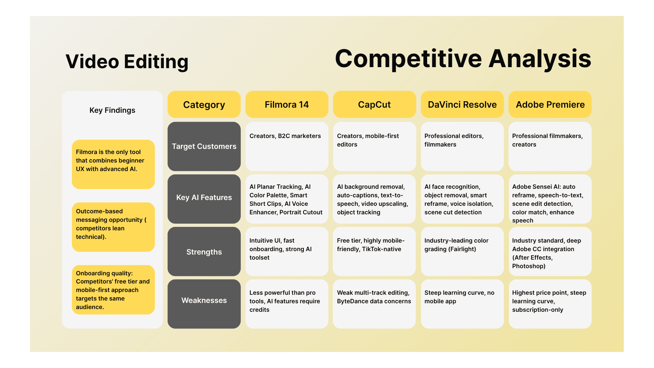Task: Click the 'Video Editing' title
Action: [x=127, y=62]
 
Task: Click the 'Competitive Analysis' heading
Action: [x=463, y=59]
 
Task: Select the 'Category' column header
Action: [x=204, y=105]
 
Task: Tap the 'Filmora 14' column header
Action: [x=286, y=105]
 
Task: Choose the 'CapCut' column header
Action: [x=374, y=105]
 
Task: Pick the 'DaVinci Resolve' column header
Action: [x=462, y=105]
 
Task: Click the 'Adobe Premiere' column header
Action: [x=550, y=105]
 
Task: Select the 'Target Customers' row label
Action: [x=204, y=147]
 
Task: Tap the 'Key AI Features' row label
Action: [x=204, y=198]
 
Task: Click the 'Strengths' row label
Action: [x=204, y=252]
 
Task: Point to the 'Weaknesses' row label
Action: [x=204, y=301]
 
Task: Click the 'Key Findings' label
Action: [x=112, y=110]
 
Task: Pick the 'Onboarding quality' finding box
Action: [x=113, y=290]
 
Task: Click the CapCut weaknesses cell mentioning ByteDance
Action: [x=374, y=303]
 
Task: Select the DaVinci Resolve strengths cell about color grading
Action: [x=462, y=251]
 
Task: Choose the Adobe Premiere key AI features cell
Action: [x=550, y=199]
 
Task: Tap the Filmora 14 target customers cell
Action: [x=286, y=147]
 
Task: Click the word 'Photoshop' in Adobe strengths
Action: [x=528, y=266]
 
